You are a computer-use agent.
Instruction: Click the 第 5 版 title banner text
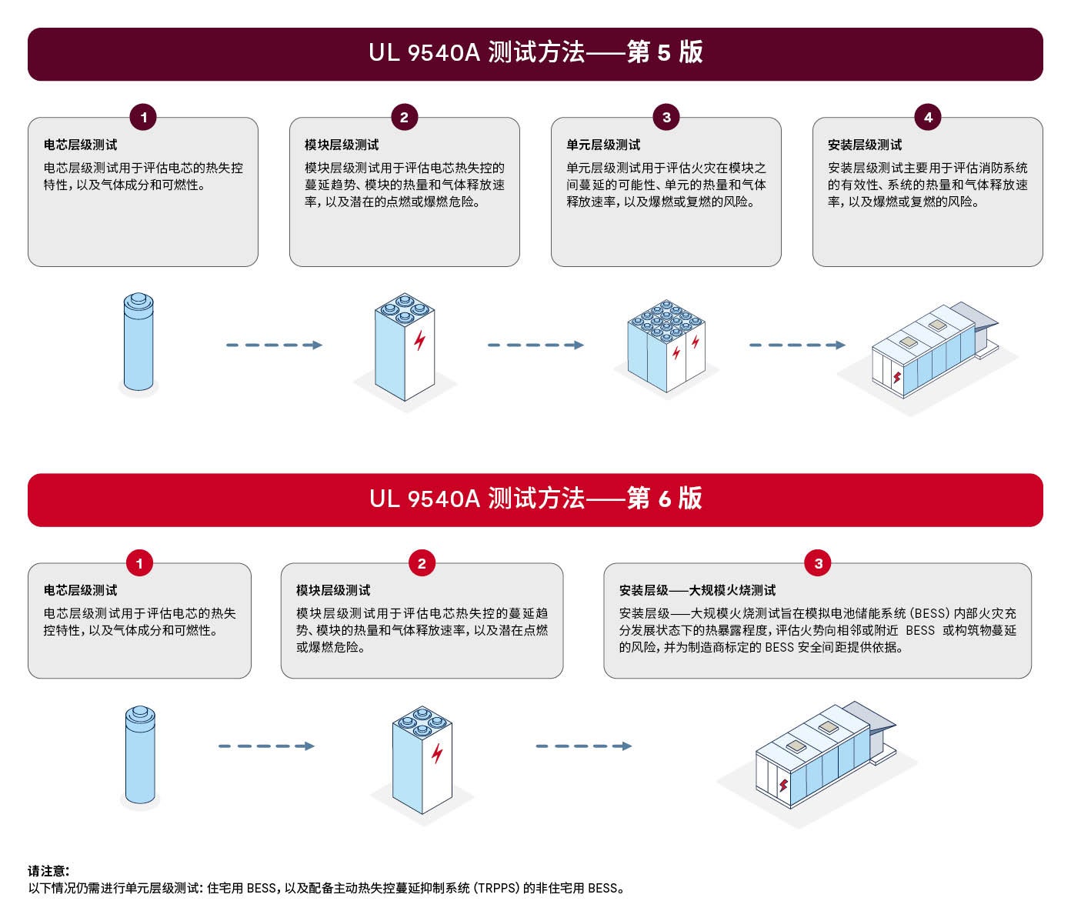(x=535, y=52)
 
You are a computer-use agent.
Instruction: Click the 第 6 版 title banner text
(x=535, y=498)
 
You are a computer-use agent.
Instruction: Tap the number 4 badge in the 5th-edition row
(x=927, y=118)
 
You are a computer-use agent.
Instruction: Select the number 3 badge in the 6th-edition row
(x=818, y=563)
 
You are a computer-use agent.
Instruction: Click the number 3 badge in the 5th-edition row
(x=666, y=118)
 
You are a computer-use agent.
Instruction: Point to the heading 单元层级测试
(x=603, y=145)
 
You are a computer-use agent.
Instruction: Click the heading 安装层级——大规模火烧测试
(x=697, y=590)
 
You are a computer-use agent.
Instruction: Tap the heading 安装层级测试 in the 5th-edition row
(x=865, y=145)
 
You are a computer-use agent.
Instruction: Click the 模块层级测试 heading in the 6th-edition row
(x=333, y=590)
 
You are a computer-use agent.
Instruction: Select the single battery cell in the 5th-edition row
(x=138, y=342)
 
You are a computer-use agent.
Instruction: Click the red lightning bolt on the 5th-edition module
(x=419, y=340)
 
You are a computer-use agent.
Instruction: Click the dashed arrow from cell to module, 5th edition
(x=274, y=345)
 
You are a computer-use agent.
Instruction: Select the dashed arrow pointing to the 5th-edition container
(x=797, y=345)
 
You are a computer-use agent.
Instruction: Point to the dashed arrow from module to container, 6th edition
(x=583, y=746)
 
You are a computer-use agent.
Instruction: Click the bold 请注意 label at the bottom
(x=48, y=870)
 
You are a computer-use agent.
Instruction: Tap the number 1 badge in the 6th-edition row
(x=139, y=563)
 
